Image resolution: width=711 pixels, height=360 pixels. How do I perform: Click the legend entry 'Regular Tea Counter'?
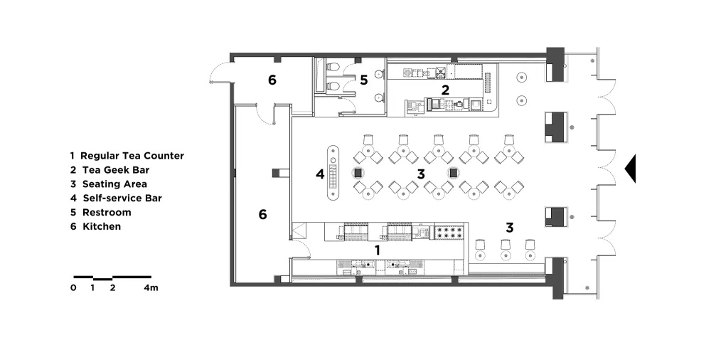click(132, 156)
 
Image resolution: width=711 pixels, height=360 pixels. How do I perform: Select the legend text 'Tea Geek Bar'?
click(116, 170)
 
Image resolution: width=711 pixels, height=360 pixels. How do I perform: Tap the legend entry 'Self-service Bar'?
click(122, 198)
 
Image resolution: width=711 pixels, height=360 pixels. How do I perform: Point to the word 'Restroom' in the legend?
click(107, 212)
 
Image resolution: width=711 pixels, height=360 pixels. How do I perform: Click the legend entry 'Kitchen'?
click(102, 226)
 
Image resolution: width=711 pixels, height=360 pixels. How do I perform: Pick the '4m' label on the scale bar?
click(151, 288)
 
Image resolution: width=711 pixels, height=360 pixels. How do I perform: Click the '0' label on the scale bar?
click(73, 288)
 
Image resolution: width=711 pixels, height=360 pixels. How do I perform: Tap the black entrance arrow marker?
click(630, 169)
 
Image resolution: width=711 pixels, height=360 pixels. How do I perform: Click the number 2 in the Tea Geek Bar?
click(445, 90)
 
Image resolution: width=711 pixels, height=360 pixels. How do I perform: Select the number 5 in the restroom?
click(363, 80)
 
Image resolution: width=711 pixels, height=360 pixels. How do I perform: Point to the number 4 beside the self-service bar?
click(320, 174)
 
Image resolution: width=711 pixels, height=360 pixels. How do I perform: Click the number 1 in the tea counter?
click(377, 250)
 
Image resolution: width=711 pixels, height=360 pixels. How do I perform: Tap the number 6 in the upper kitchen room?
click(272, 80)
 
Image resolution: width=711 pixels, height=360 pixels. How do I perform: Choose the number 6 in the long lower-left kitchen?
click(262, 214)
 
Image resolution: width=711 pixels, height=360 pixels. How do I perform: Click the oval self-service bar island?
click(333, 172)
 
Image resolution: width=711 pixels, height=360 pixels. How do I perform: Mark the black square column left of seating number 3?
click(358, 173)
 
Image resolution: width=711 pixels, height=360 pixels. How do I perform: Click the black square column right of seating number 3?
click(453, 173)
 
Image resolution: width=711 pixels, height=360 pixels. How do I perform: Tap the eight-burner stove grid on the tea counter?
click(449, 233)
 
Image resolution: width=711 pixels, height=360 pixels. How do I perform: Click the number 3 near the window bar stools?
click(509, 228)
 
